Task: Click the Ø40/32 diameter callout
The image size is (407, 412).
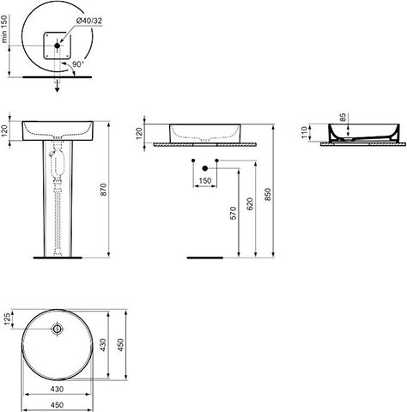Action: pyautogui.click(x=89, y=21)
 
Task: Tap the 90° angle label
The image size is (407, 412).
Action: pyautogui.click(x=78, y=64)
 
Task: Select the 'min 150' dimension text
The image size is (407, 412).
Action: pyautogui.click(x=3, y=29)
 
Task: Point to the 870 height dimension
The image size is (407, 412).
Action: pyautogui.click(x=103, y=190)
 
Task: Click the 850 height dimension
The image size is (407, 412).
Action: pyautogui.click(x=268, y=194)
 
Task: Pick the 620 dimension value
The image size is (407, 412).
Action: pyautogui.click(x=250, y=204)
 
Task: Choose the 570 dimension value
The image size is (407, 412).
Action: pyautogui.click(x=234, y=213)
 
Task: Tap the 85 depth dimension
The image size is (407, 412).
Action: pyautogui.click(x=343, y=118)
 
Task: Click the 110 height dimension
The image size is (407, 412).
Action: pyautogui.click(x=304, y=132)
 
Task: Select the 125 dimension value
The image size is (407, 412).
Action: pyautogui.click(x=7, y=319)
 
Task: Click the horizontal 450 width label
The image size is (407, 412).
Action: pyautogui.click(x=57, y=405)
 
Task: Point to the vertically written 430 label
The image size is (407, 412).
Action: pyautogui.click(x=103, y=345)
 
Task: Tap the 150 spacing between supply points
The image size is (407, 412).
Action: pyautogui.click(x=205, y=181)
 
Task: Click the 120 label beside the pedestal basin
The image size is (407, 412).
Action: pyautogui.click(x=4, y=130)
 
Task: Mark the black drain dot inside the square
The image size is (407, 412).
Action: pyautogui.click(x=58, y=45)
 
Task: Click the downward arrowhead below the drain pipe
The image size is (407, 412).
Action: pyautogui.click(x=58, y=89)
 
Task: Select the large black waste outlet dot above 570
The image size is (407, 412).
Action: pyautogui.click(x=204, y=168)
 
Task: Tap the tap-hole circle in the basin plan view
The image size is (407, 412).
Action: pyautogui.click(x=58, y=329)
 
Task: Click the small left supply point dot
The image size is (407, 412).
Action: pyautogui.click(x=193, y=161)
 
